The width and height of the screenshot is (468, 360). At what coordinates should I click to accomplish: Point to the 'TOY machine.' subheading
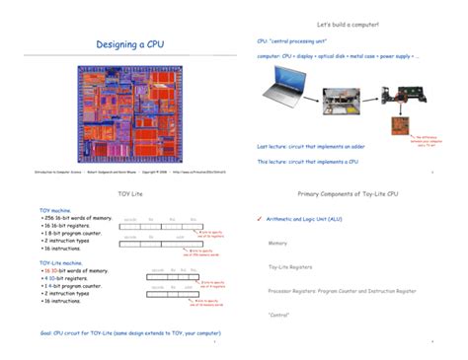[55, 211]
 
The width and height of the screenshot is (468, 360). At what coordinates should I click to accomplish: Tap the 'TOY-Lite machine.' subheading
[60, 263]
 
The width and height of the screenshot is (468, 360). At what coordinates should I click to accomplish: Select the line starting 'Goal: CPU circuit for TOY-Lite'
[116, 333]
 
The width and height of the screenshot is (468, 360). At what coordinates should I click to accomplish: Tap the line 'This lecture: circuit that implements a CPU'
[307, 161]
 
